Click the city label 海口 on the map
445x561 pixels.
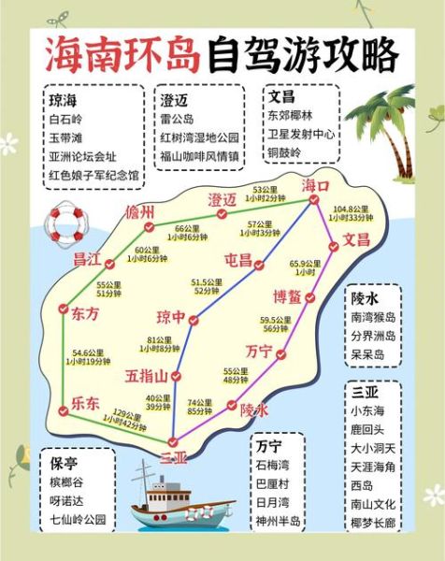(316, 186)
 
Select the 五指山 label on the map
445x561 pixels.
(147, 377)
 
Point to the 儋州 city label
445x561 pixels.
(140, 213)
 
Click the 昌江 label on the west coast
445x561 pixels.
(87, 258)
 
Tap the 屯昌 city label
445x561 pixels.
(239, 260)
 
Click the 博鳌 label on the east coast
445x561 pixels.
(287, 296)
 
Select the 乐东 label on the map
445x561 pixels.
(85, 404)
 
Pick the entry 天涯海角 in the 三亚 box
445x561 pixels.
(373, 466)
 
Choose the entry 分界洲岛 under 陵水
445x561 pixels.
(373, 336)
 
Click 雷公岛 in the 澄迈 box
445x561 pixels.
(178, 119)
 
